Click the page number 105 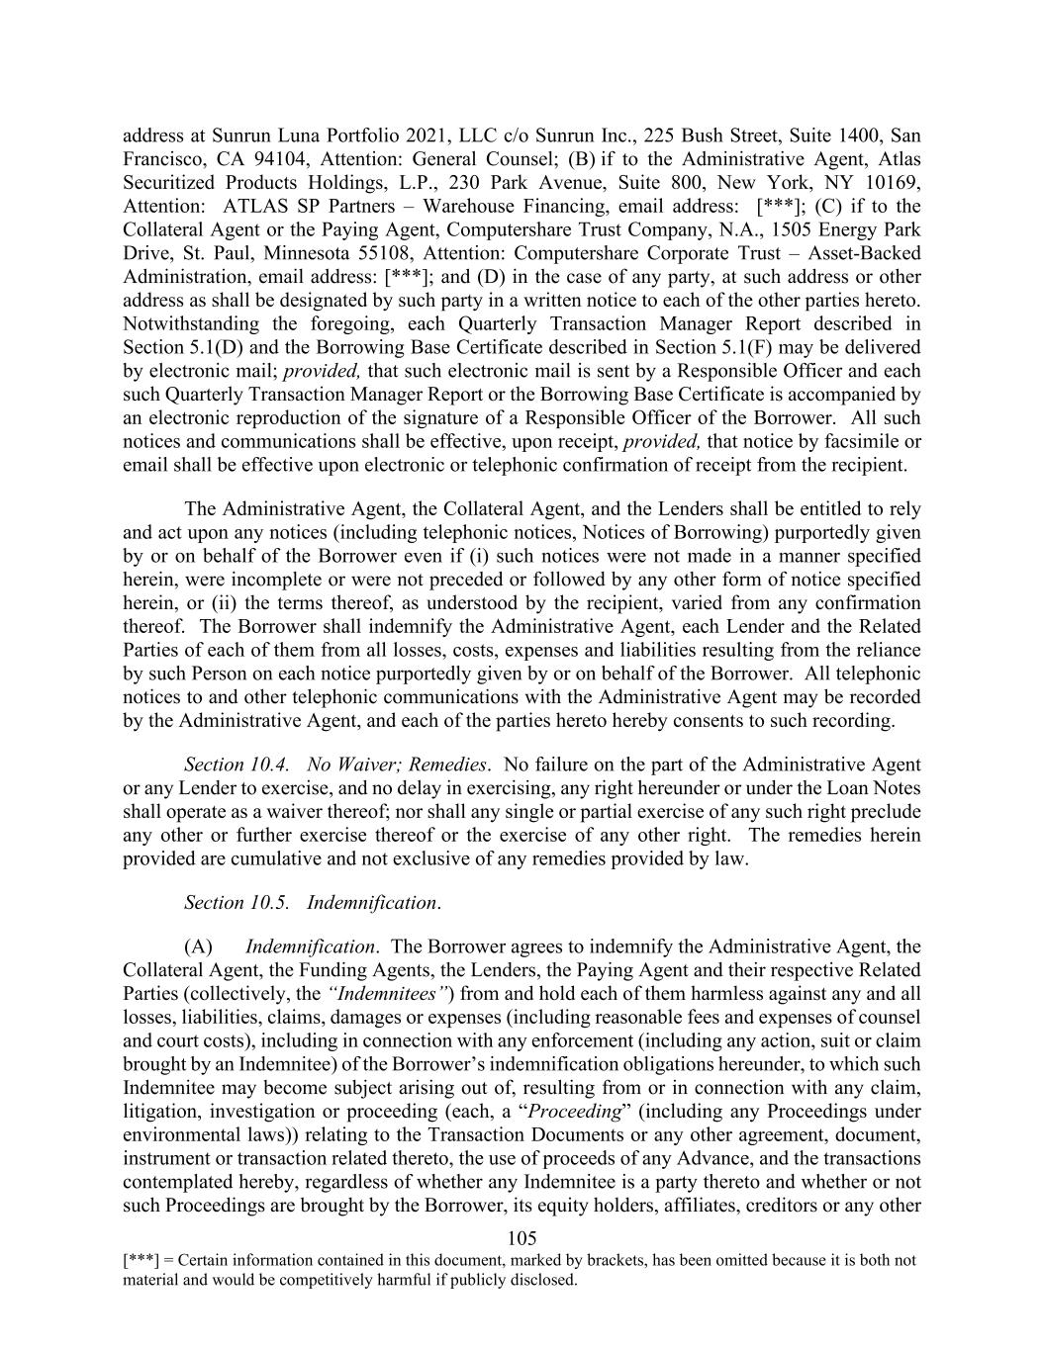click(522, 1237)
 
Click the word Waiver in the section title click(367, 765)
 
